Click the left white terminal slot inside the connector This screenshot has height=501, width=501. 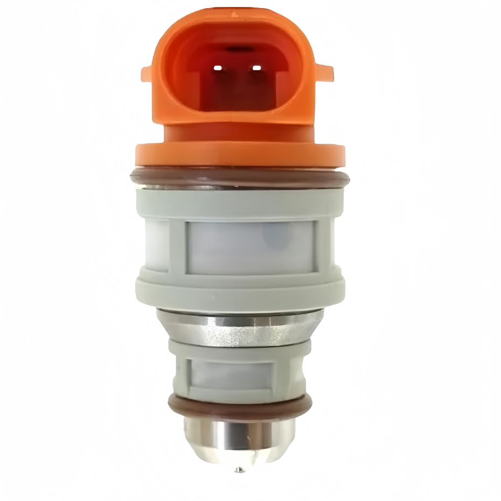(x=219, y=68)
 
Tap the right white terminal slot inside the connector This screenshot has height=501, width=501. (x=257, y=68)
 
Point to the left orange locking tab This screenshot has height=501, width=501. (x=149, y=73)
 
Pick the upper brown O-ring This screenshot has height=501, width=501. (x=240, y=177)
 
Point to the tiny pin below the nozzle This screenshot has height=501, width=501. (x=238, y=470)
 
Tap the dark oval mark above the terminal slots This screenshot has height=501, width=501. (x=238, y=49)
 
